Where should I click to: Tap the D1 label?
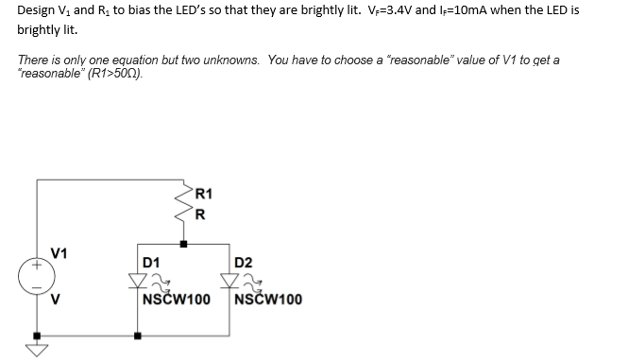coord(150,262)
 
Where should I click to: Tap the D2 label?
coord(243,262)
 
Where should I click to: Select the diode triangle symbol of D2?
coord(229,281)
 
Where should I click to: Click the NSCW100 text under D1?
coord(176,300)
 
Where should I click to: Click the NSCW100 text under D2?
coord(268,300)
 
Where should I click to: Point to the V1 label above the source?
coord(59,253)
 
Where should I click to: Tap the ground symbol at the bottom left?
coord(39,350)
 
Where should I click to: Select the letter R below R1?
coord(199,213)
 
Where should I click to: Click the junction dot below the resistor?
coord(183,244)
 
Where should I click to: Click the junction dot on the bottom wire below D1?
coord(138,334)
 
